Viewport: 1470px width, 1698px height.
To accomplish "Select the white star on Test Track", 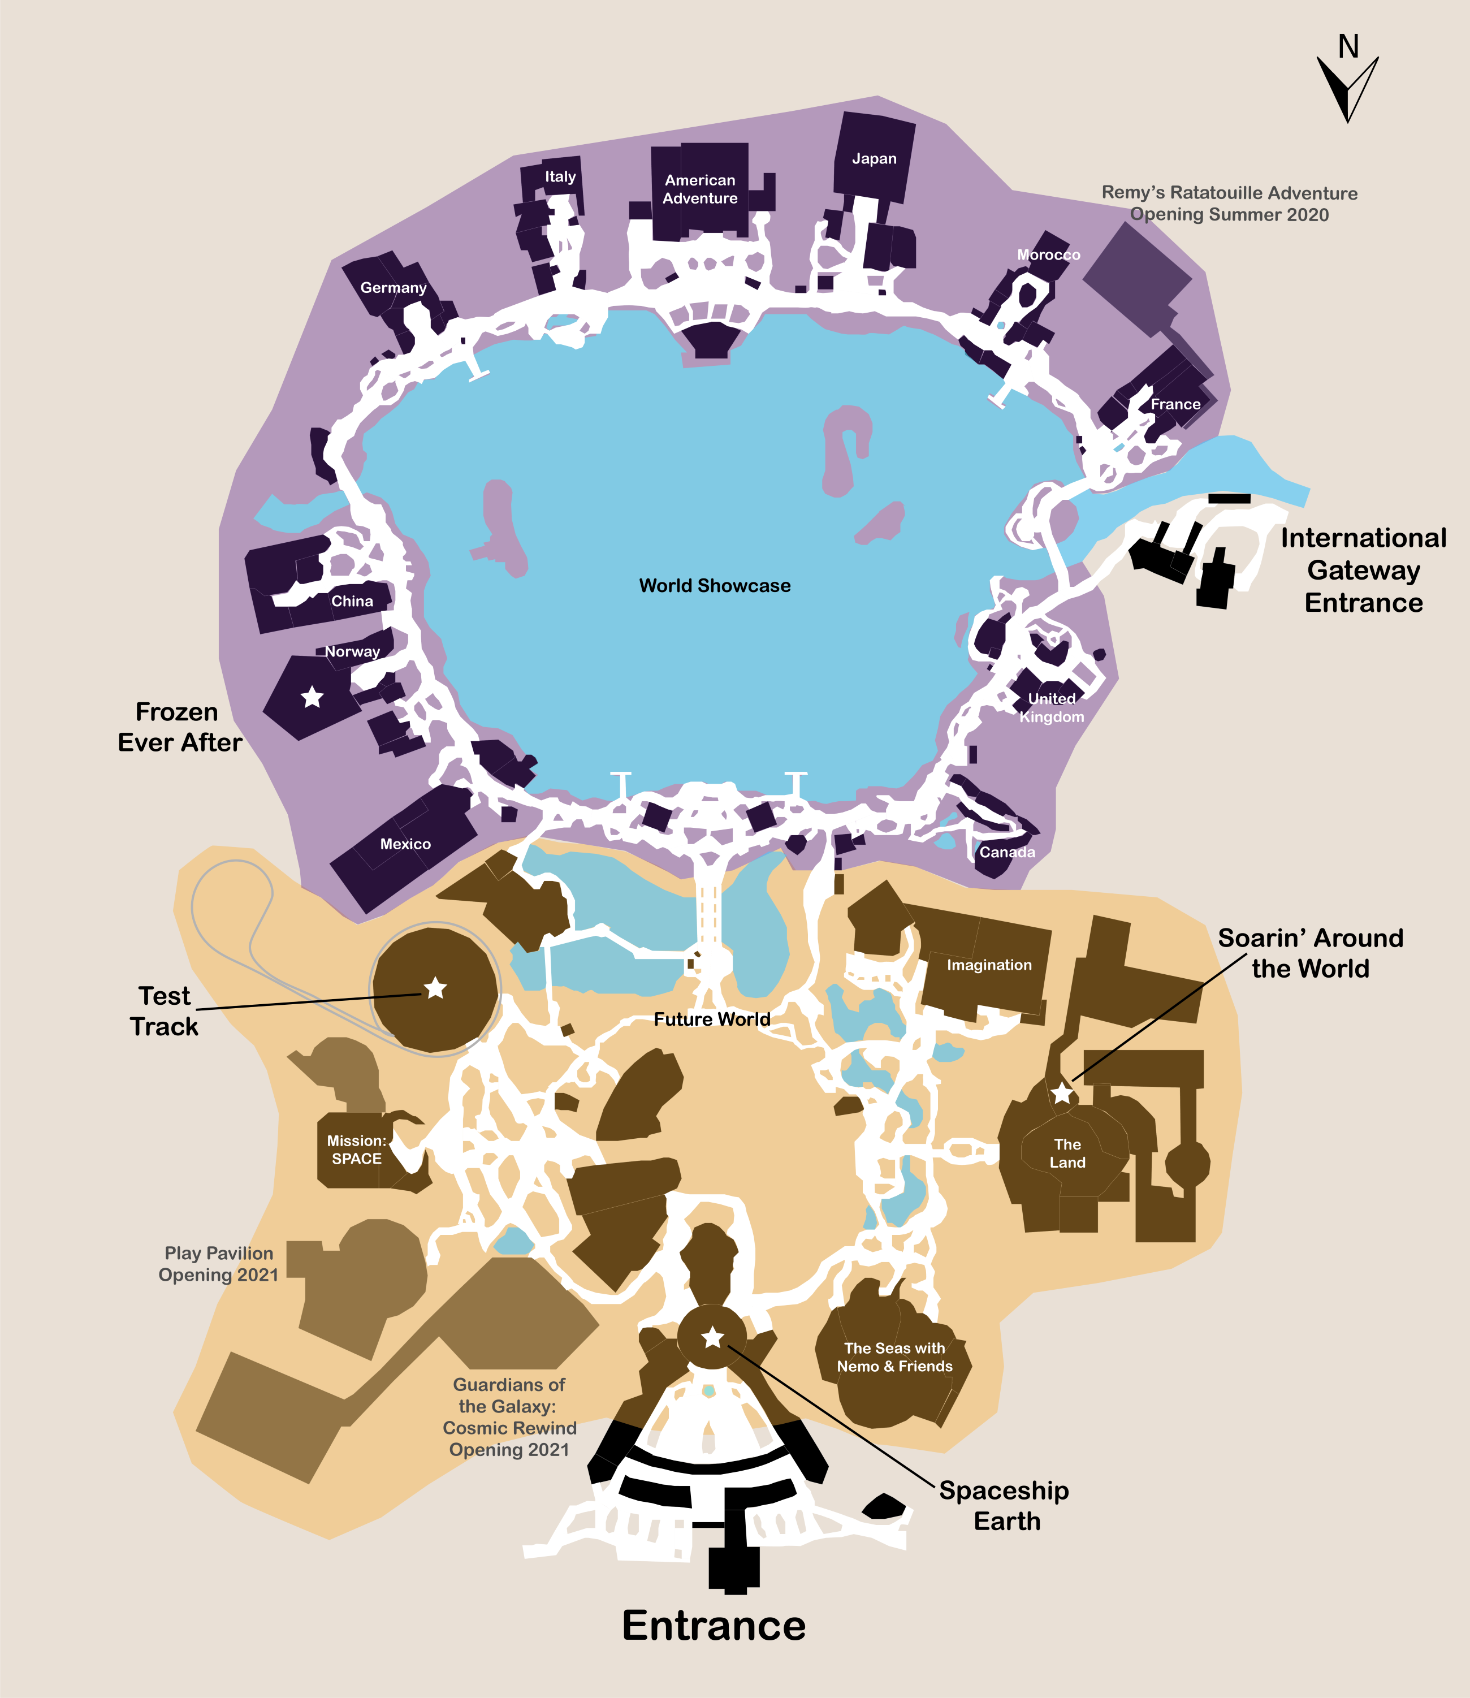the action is [435, 988].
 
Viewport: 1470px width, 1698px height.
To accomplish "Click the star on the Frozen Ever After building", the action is [312, 697].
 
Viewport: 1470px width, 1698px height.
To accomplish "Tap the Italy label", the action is [560, 176].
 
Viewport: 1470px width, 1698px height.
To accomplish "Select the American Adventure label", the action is [700, 189].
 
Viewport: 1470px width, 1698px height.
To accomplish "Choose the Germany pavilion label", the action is [394, 288].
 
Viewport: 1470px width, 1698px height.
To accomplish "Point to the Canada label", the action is [1008, 852].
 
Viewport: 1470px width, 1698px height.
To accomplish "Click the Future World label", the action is [712, 1019].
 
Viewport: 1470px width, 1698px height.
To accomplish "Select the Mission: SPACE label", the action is [357, 1149].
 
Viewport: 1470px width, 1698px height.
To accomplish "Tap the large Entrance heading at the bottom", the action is [714, 1625].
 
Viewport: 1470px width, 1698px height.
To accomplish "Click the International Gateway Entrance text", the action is [1363, 570].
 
